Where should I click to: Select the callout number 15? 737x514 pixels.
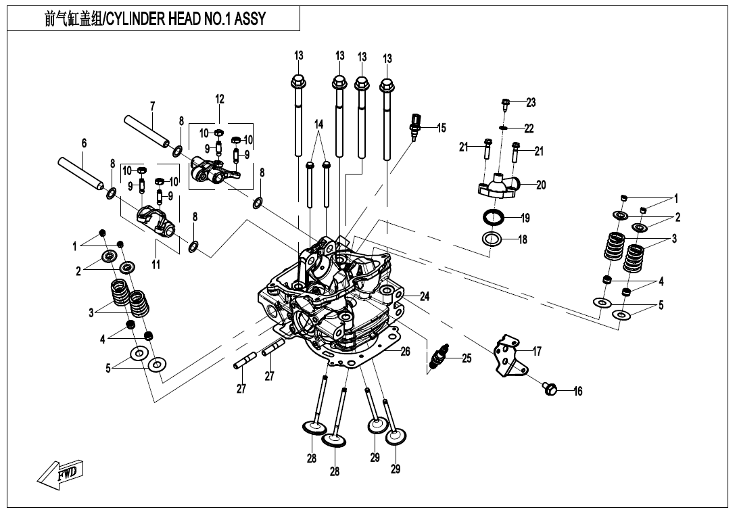[442, 128]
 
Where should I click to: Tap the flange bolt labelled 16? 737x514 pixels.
[550, 388]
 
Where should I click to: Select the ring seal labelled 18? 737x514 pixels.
[494, 239]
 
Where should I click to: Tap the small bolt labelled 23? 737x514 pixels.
[506, 103]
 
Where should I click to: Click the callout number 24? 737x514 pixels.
[424, 296]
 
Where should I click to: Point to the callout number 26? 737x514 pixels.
[405, 351]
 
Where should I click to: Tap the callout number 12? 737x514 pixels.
[220, 99]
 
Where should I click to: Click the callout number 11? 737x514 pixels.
[156, 265]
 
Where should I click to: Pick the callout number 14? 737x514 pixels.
[319, 124]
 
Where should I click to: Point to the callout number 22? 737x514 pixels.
[529, 128]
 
